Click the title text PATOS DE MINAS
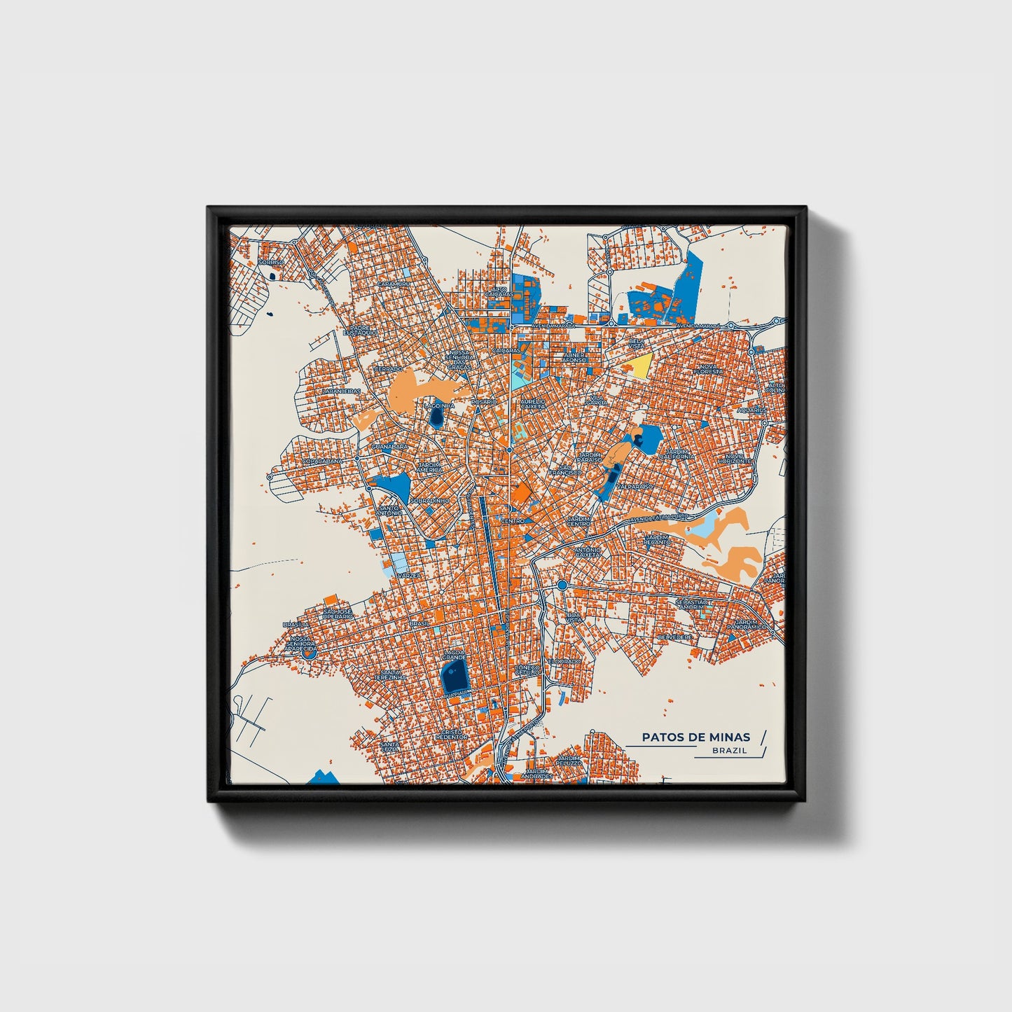[695, 737]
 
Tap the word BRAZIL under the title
[729, 750]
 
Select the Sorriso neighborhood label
[272, 262]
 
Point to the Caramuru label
[393, 284]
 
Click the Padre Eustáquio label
[364, 329]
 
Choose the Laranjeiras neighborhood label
[341, 391]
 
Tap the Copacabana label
[323, 462]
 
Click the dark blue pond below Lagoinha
[436, 419]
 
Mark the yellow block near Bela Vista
[641, 365]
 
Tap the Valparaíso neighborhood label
[635, 485]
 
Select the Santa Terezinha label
[389, 675]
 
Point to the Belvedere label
[675, 637]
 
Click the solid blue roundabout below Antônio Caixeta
[562, 585]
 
